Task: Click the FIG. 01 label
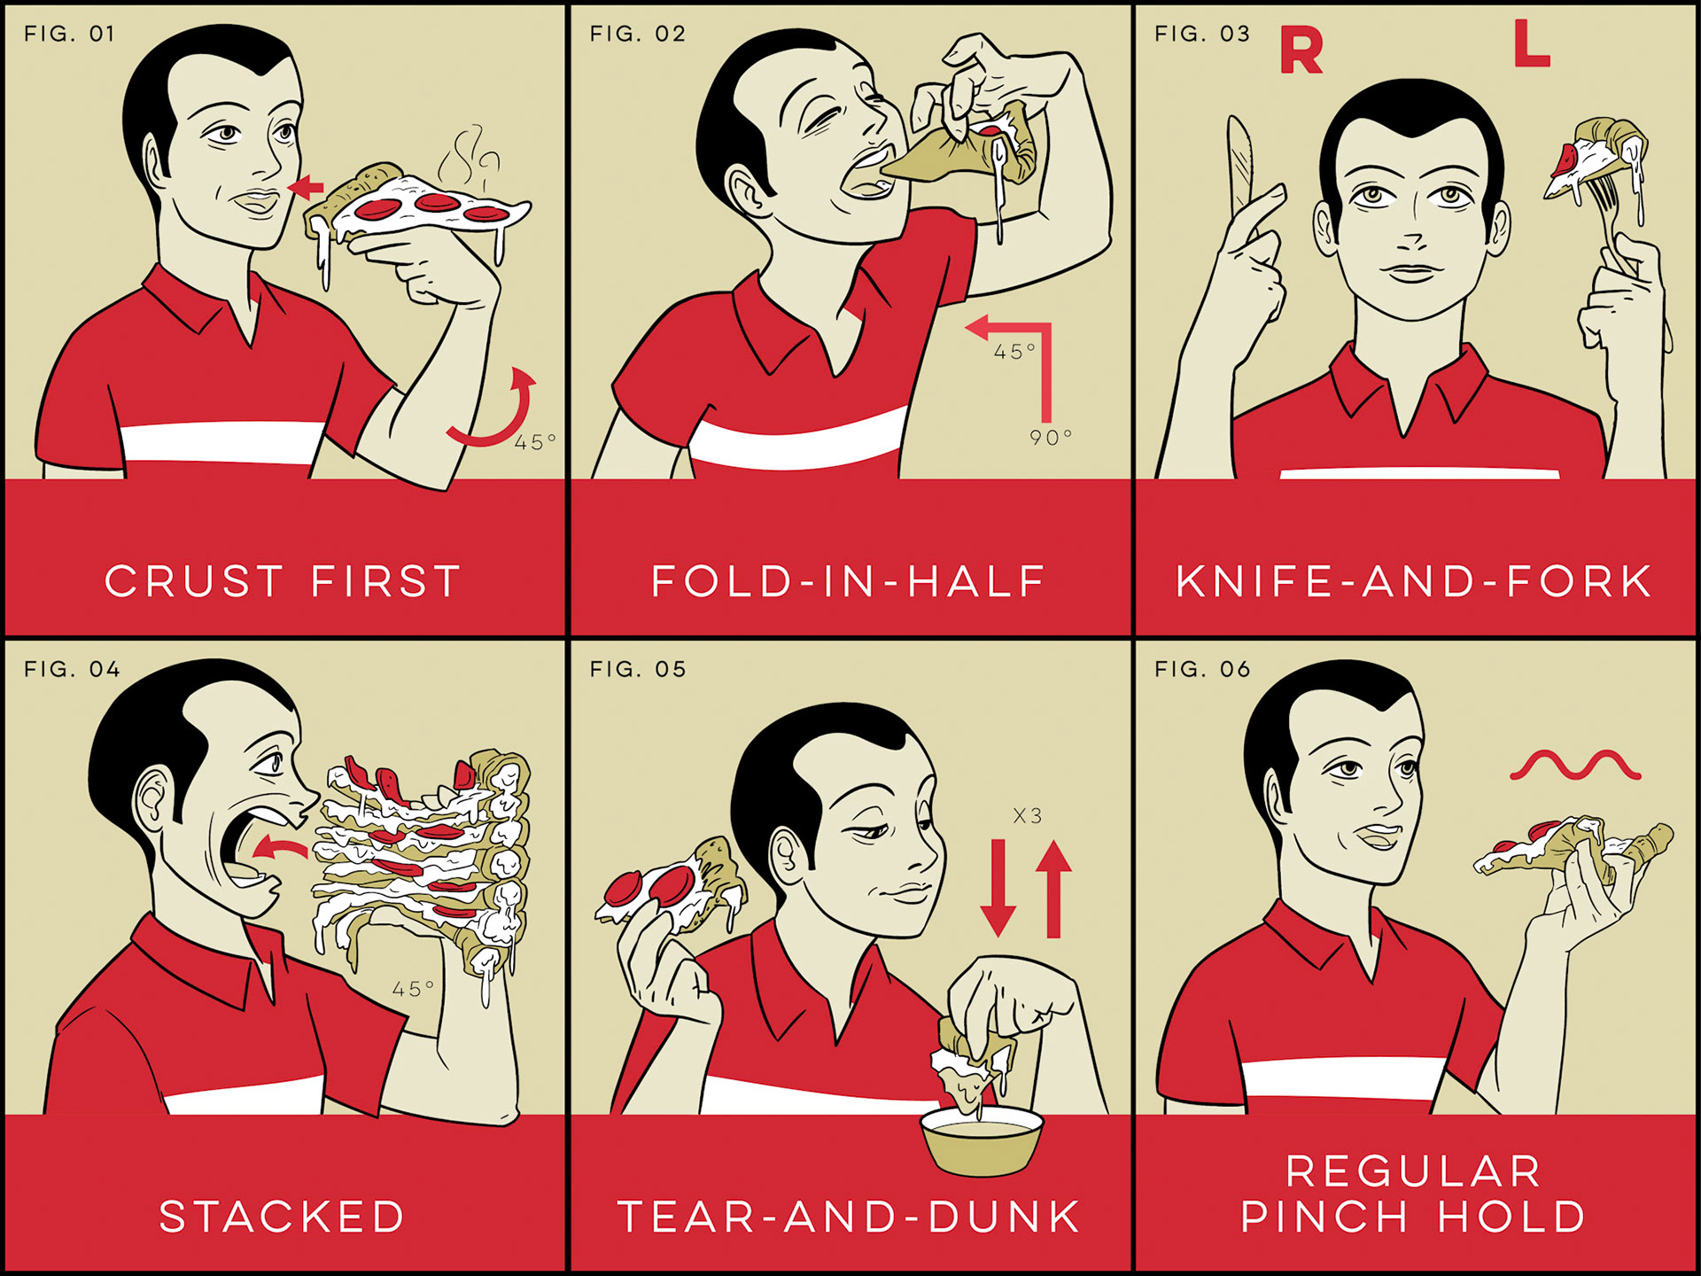(69, 34)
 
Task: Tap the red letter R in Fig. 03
(1301, 51)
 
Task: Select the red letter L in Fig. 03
(1531, 43)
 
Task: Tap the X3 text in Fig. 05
(1028, 815)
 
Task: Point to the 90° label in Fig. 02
(1051, 437)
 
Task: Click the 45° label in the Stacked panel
(414, 988)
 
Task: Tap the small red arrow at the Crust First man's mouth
(307, 187)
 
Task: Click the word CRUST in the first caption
(194, 581)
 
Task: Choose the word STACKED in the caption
(282, 1217)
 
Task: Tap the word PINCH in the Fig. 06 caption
(1324, 1217)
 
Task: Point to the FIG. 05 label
(638, 669)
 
